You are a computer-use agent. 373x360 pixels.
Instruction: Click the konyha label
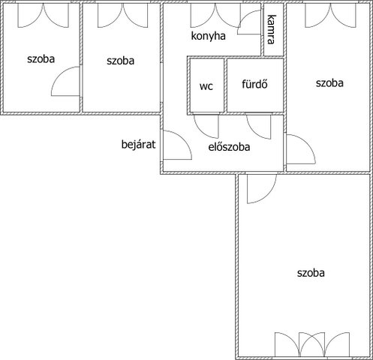(208, 37)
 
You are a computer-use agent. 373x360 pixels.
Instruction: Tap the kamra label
(272, 29)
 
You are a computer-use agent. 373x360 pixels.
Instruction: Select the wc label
(206, 86)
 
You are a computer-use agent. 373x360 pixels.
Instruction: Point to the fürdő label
(254, 84)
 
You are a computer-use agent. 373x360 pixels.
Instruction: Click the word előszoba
(229, 147)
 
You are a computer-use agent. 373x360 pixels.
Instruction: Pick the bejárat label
(138, 145)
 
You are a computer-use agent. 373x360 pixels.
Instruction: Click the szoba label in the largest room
(311, 273)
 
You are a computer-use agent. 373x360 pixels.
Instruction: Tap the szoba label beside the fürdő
(329, 83)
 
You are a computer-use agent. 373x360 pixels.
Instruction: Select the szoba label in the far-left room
(41, 59)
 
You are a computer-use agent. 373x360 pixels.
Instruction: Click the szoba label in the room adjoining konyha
(120, 61)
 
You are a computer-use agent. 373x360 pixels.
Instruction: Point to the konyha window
(215, 15)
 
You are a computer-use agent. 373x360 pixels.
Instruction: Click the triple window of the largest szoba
(312, 344)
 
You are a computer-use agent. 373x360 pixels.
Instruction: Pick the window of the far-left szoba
(43, 15)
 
